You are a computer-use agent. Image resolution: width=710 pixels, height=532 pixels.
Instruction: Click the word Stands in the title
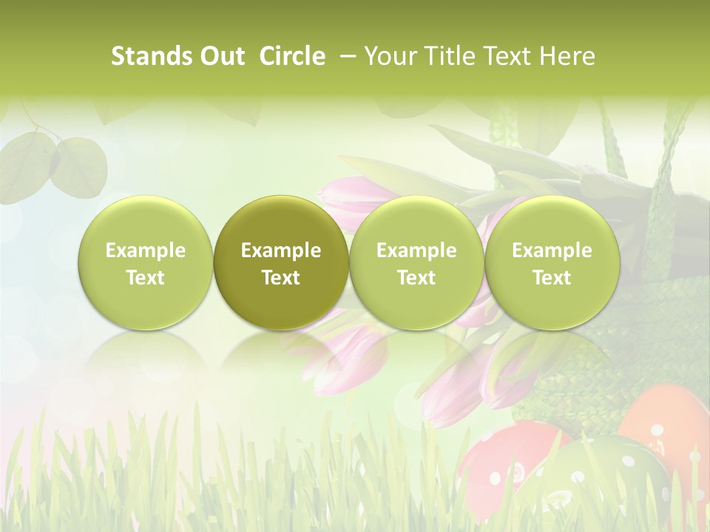(152, 56)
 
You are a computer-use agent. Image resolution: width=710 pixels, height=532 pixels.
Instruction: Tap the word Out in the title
(221, 56)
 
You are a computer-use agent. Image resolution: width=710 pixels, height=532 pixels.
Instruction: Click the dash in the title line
(345, 56)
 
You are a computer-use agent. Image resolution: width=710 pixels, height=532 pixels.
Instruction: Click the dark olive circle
(281, 262)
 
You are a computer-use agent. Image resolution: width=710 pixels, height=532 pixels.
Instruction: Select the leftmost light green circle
(146, 262)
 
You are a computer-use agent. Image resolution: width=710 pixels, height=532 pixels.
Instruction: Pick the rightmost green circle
(552, 262)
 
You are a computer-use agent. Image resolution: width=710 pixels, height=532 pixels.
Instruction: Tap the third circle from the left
(416, 262)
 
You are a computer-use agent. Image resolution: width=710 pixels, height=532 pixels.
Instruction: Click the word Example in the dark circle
(281, 250)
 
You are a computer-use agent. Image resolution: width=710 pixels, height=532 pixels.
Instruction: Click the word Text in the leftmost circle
(146, 278)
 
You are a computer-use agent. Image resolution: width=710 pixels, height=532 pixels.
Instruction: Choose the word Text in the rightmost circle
(552, 278)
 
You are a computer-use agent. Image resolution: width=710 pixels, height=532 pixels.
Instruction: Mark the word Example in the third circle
(416, 250)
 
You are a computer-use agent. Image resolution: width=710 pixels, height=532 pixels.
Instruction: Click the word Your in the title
(389, 56)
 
